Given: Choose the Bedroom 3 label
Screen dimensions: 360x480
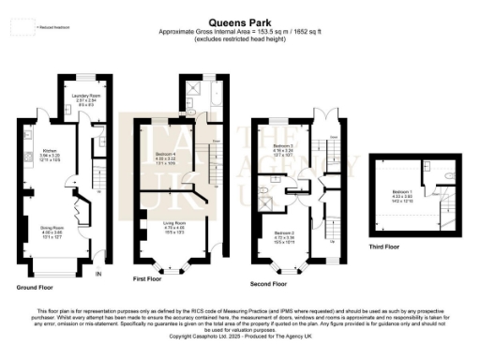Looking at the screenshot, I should tap(283, 148).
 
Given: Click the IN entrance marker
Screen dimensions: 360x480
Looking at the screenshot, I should tap(98, 274).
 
